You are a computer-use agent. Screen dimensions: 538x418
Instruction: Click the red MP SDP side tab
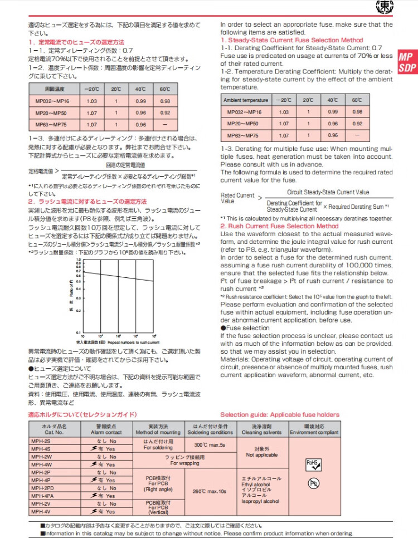tap(406, 61)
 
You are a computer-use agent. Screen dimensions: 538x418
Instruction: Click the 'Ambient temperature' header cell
tap(245, 100)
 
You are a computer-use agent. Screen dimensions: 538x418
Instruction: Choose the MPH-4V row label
tap(42, 511)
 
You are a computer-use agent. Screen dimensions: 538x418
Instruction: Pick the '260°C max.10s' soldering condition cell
tap(210, 491)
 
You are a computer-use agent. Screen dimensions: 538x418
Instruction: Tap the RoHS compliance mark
tap(314, 463)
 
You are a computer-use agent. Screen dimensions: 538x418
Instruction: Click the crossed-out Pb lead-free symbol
tap(314, 483)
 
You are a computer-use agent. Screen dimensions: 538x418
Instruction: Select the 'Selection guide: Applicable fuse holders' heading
tap(279, 415)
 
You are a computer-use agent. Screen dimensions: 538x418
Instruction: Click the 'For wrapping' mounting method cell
tap(184, 460)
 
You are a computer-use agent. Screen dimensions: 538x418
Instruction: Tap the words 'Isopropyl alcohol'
tap(261, 501)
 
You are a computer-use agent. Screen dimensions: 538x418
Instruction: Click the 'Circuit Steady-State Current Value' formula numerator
tap(328, 192)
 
